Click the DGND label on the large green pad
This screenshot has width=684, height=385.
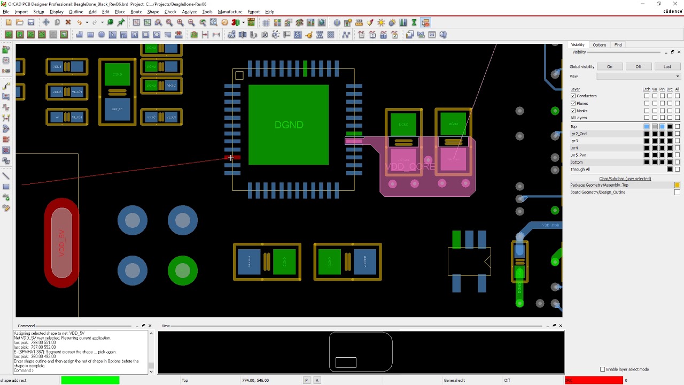pyautogui.click(x=289, y=125)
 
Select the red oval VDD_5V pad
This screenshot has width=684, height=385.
pyautogui.click(x=61, y=243)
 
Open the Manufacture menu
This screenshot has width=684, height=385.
pyautogui.click(x=230, y=12)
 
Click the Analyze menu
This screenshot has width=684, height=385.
pyautogui.click(x=189, y=12)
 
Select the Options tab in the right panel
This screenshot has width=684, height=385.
pyautogui.click(x=599, y=45)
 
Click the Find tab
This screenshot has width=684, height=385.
pyautogui.click(x=618, y=45)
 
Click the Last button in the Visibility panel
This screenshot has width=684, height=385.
pyautogui.click(x=667, y=67)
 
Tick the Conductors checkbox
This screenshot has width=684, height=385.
pyautogui.click(x=573, y=96)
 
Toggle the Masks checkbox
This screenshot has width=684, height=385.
pyautogui.click(x=573, y=111)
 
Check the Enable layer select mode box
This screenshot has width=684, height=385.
pyautogui.click(x=603, y=369)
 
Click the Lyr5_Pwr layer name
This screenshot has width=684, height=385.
pyautogui.click(x=578, y=155)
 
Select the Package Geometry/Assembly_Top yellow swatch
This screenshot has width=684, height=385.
pyautogui.click(x=677, y=185)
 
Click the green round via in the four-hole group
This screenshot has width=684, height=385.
pyautogui.click(x=183, y=271)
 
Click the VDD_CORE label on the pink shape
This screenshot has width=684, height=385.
pyautogui.click(x=410, y=167)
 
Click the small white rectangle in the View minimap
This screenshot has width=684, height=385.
pyautogui.click(x=346, y=363)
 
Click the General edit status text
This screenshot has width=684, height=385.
pyautogui.click(x=454, y=380)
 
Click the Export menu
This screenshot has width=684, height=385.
pyautogui.click(x=253, y=12)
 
